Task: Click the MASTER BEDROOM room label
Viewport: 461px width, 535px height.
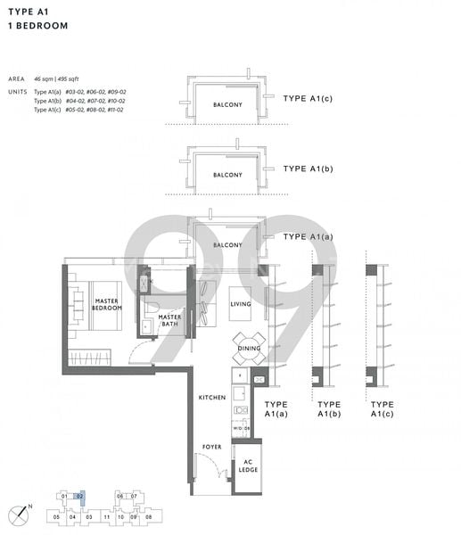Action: tap(107, 306)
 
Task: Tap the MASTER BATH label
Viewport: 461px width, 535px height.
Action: tap(169, 319)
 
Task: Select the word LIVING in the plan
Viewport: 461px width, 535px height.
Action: tap(242, 305)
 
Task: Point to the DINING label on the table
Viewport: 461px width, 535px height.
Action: tap(249, 349)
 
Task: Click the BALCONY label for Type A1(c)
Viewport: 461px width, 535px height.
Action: tap(227, 104)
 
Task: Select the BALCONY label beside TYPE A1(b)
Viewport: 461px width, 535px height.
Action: tap(227, 175)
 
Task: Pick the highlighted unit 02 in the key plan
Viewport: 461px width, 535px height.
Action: tap(80, 496)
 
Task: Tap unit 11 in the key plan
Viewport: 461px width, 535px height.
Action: tap(105, 516)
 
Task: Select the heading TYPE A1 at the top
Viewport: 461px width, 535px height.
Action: tap(28, 12)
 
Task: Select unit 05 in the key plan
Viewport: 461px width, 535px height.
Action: tap(56, 516)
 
